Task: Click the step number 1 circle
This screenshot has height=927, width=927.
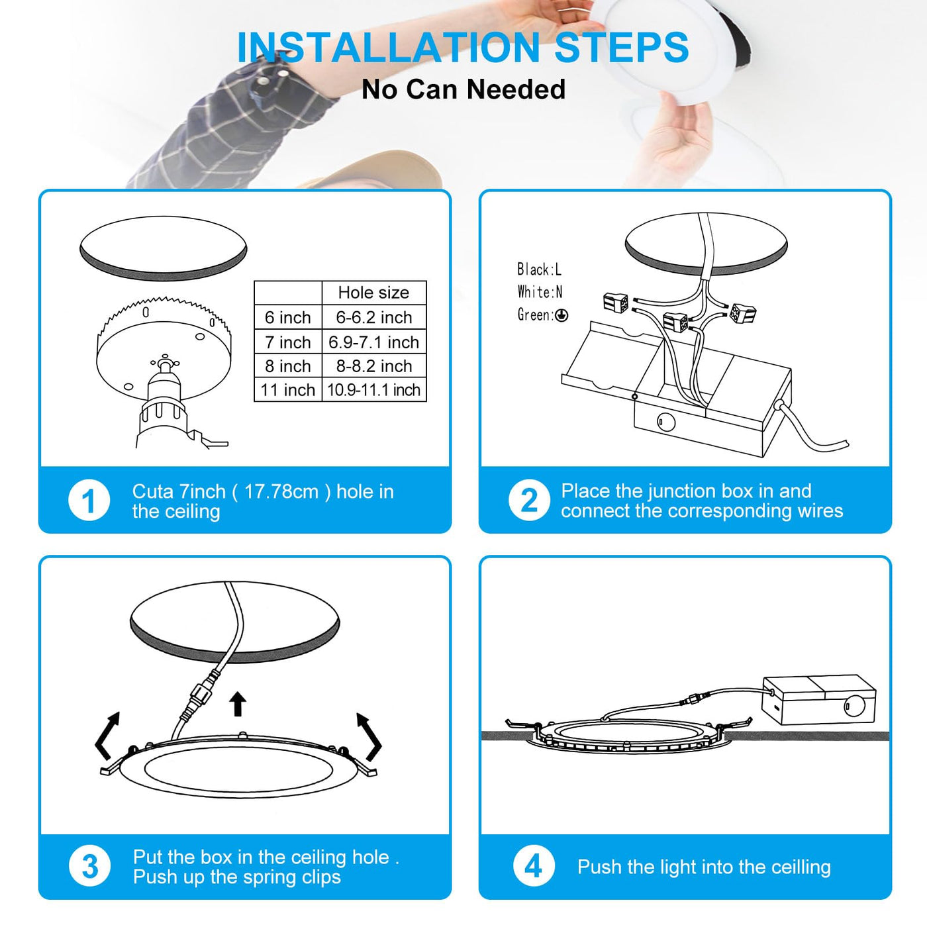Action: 89,501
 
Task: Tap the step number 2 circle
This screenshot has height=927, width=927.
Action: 529,501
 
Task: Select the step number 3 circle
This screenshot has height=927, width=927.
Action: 90,866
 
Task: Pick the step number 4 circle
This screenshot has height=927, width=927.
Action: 534,866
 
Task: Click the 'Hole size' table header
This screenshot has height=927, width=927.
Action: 373,293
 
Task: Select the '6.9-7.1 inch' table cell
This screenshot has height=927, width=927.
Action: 374,342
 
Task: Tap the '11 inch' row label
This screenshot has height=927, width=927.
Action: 287,389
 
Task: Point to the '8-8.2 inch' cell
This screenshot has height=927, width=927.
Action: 374,366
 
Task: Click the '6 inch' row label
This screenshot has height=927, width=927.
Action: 287,318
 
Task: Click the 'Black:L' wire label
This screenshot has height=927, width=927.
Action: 539,269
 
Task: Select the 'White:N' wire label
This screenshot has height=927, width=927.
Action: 540,292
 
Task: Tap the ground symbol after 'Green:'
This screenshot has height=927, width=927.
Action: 561,315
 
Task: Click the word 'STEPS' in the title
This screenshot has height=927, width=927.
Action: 622,47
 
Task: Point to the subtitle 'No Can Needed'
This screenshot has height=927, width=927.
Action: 463,89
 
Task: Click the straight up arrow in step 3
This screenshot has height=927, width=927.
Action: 237,704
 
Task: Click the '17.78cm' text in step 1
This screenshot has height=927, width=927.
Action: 281,492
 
